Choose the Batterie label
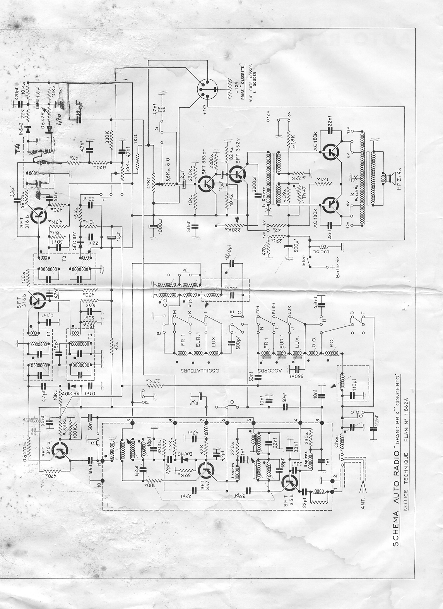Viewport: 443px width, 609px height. (x=337, y=268)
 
